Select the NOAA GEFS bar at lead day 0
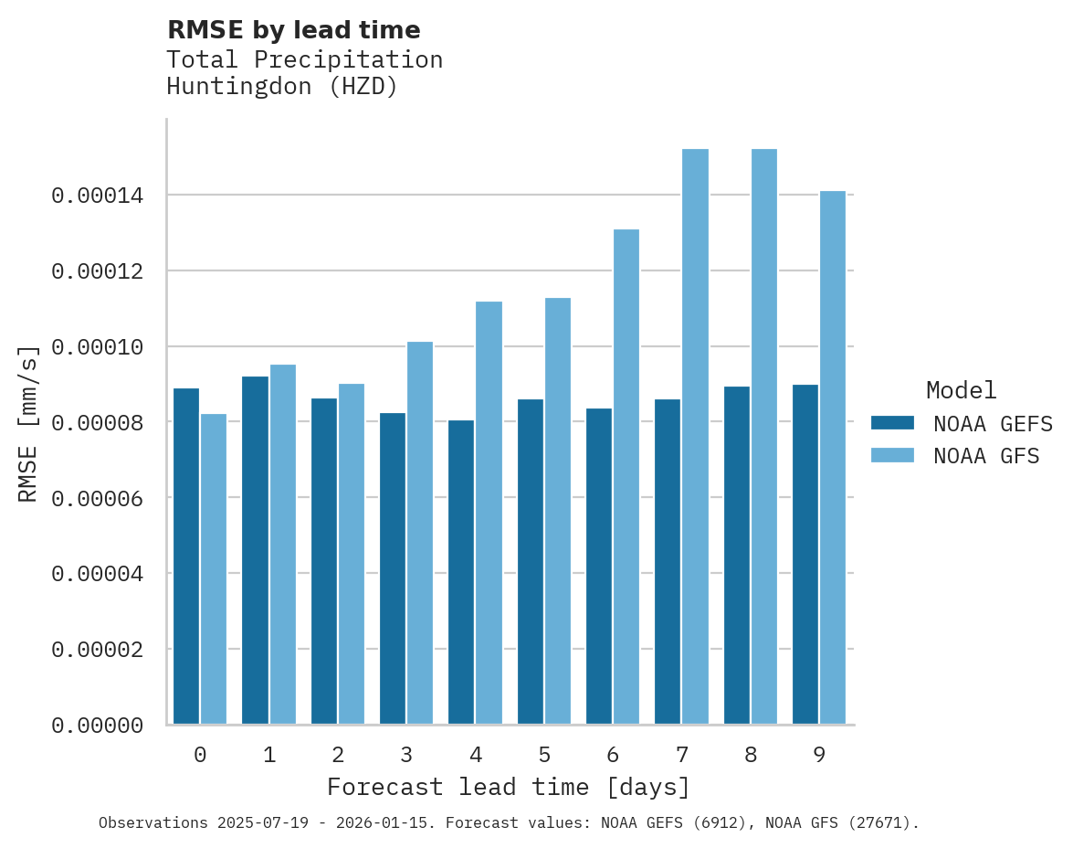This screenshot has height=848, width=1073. point(186,556)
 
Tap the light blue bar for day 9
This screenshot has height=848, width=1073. point(833,458)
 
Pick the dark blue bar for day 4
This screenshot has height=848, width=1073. point(461,572)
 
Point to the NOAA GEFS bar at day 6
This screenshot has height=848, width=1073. point(599,567)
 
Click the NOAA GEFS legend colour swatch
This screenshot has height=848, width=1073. point(892,422)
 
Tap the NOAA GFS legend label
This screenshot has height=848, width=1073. point(985,455)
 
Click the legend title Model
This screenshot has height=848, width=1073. point(961,390)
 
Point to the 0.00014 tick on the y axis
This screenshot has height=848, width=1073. point(98,196)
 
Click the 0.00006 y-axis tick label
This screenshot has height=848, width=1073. point(98,498)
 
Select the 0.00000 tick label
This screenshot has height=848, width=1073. point(98,726)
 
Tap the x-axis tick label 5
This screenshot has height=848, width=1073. point(544,755)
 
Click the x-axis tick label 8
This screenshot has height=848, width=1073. point(751,755)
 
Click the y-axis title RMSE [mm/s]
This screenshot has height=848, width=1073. point(28,423)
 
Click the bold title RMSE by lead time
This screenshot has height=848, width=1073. point(293,30)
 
